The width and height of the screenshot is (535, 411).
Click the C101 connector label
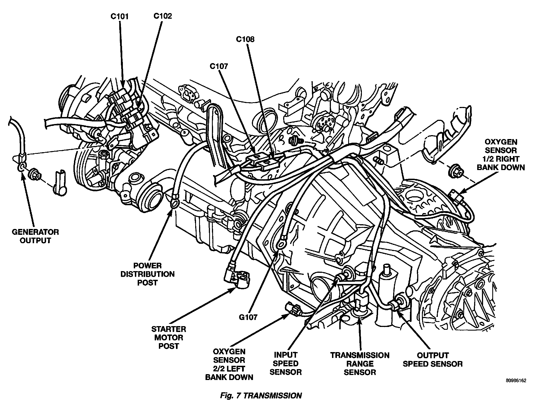(119, 16)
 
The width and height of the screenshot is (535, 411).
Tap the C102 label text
(163, 16)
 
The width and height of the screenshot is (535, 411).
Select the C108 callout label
(245, 39)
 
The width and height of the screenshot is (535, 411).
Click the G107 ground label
(248, 317)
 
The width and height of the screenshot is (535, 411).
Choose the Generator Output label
(35, 236)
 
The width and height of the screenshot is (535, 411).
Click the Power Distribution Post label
(147, 274)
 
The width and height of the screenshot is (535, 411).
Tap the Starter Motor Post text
(169, 337)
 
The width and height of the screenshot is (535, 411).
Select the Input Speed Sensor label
(286, 363)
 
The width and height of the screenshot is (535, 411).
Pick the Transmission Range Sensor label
(360, 364)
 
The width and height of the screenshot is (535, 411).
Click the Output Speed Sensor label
(433, 359)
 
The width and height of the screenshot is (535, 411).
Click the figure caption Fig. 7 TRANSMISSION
(261, 396)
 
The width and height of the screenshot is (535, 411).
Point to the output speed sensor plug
(398, 303)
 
